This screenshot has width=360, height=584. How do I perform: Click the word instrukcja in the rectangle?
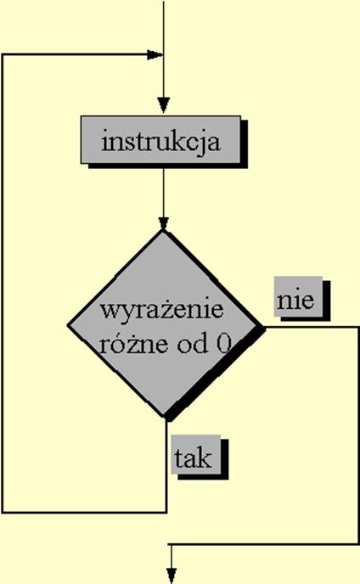click(x=161, y=142)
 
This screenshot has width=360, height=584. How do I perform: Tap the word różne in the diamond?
click(x=133, y=343)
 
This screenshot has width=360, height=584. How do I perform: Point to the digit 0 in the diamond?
click(x=223, y=344)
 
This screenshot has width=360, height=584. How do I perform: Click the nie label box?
click(x=298, y=296)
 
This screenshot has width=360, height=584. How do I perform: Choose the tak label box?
click(x=195, y=454)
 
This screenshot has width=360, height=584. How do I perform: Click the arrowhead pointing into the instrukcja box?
click(x=163, y=105)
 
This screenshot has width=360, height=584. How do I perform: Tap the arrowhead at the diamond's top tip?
click(x=163, y=223)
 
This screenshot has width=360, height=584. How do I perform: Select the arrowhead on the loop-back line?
click(x=155, y=55)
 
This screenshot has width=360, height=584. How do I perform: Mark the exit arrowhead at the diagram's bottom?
click(x=171, y=576)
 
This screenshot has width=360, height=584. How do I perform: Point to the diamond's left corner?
click(x=68, y=325)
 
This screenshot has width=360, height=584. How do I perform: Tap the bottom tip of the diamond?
click(x=163, y=417)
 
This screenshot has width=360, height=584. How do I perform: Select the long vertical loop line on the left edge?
click(x=3, y=284)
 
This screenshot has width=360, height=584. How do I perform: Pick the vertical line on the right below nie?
click(x=358, y=435)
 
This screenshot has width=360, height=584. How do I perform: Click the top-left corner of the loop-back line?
click(x=3, y=55)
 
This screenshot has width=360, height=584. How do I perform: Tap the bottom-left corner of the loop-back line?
click(x=3, y=513)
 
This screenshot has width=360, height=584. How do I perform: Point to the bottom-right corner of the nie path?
click(x=358, y=544)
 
